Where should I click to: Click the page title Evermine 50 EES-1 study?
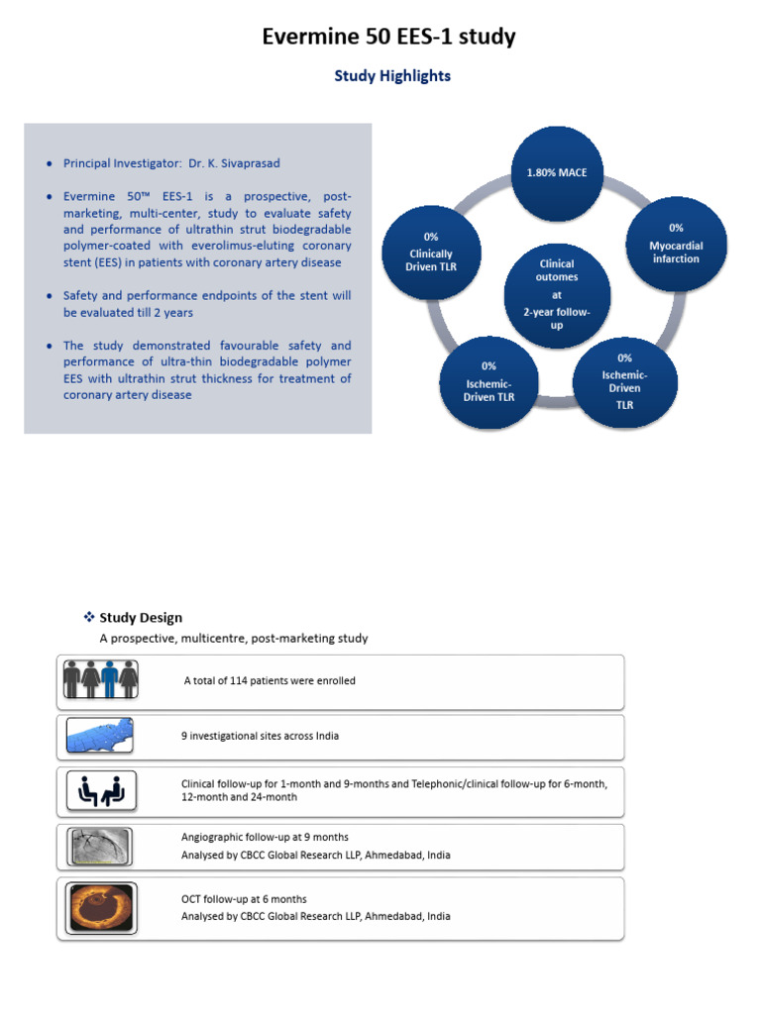(388, 38)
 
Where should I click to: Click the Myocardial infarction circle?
(675, 244)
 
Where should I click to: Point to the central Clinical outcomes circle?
(556, 294)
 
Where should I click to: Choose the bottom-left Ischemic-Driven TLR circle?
(489, 382)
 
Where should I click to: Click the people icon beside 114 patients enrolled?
(104, 680)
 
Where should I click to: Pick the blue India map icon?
(104, 736)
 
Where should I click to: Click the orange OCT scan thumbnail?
(104, 907)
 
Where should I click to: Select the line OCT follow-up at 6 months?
(244, 899)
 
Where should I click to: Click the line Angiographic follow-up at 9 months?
(265, 838)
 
